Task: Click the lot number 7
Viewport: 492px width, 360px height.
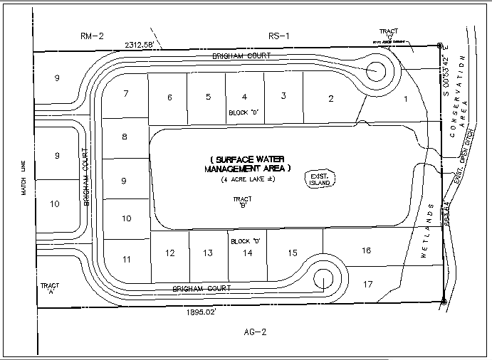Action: click(x=125, y=94)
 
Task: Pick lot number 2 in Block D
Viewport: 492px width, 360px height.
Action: click(x=330, y=99)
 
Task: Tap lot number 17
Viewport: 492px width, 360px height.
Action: click(x=367, y=285)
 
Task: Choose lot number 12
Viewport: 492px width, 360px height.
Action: click(x=169, y=253)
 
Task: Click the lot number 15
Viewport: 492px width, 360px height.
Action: click(x=292, y=253)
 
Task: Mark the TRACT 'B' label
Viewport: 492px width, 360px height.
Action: click(x=244, y=203)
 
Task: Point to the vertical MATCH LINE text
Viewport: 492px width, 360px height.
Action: click(x=23, y=182)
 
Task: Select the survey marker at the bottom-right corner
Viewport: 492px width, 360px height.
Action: click(x=444, y=302)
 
